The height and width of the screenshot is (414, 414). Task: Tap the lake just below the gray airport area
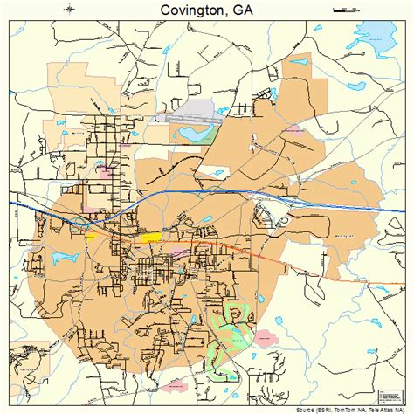point(187,134)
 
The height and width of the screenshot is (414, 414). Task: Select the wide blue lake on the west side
point(66,259)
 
